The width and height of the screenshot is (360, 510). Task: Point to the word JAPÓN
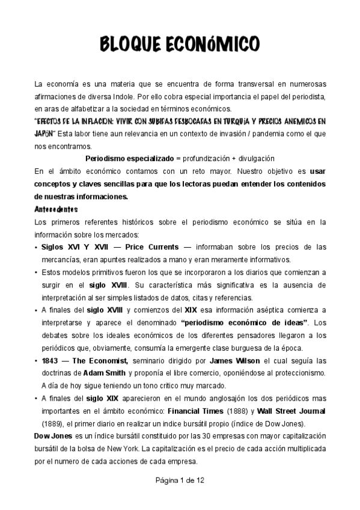point(46,133)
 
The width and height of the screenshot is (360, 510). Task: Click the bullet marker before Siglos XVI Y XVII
point(37,247)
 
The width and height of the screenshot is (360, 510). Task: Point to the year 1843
point(51,361)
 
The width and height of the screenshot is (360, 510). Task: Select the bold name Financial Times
point(194,411)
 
